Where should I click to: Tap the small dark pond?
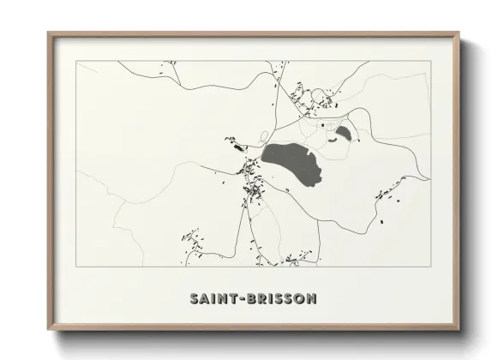344,132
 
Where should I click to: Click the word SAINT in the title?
213,298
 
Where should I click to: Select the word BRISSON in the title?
279,298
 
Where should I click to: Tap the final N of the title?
311,298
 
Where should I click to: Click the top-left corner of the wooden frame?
48,33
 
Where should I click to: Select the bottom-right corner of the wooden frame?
459,331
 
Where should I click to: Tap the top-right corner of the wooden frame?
459,33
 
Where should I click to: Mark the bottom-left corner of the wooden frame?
48,331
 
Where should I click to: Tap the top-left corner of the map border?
76,61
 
